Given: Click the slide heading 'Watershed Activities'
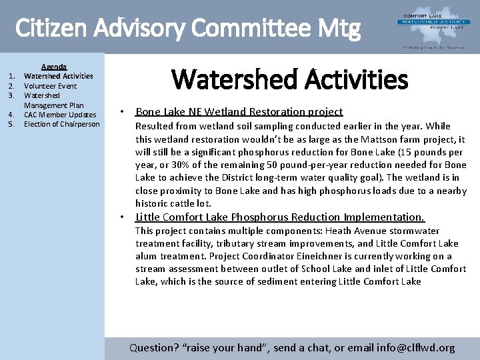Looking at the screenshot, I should click(289, 79).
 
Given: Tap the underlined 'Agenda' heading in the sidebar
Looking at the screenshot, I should click(54, 67).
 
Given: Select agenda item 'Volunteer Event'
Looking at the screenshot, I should click(50, 86).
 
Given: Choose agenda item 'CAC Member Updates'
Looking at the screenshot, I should click(60, 115).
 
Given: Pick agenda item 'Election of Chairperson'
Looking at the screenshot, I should click(61, 124).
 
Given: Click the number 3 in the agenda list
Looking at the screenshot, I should click(11, 95).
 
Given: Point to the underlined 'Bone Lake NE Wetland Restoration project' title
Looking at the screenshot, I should click(239, 112).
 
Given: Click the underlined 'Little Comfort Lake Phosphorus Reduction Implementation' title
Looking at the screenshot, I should click(279, 217).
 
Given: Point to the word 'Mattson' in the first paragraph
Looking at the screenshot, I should click(380, 139).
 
